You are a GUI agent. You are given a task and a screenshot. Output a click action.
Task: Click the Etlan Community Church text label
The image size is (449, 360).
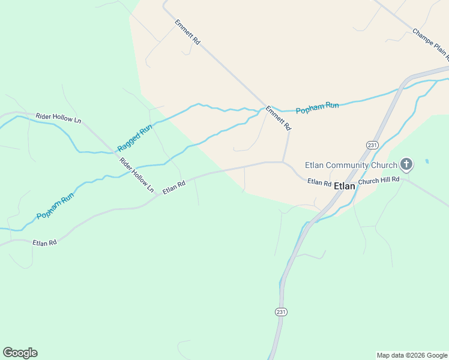pos(351,165)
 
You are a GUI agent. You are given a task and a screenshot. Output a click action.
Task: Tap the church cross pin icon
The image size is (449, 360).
pos(406,164)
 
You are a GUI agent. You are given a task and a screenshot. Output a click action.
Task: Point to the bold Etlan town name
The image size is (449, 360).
pos(345,186)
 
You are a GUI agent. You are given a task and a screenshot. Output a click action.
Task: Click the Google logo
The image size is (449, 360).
pos(20,353)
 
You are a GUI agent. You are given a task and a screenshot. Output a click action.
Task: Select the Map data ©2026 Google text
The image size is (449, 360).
pos(412,355)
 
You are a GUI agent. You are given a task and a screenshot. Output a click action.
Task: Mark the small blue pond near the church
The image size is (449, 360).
pos(427,161)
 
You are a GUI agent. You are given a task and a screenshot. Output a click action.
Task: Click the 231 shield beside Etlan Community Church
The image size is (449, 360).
pos(372,145)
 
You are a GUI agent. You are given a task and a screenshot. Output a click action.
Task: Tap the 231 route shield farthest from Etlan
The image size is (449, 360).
pos(282,311)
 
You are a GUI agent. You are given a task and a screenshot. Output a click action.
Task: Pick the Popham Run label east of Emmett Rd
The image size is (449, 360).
pos(317,108)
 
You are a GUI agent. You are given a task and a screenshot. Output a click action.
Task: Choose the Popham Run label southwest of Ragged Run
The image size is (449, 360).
pos(55,206)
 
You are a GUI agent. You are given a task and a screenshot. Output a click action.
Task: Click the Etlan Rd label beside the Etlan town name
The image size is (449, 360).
pos(319,182)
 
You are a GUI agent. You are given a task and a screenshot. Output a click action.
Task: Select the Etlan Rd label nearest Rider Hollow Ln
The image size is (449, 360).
pos(173,188)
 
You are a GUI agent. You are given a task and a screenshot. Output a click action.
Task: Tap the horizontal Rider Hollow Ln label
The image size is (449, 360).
pos(58,118)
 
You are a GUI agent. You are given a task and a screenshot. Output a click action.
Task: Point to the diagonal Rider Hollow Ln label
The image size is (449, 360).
pos(137,175)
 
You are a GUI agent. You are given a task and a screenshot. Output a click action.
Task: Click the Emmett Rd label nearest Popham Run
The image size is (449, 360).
pos(279,118)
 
